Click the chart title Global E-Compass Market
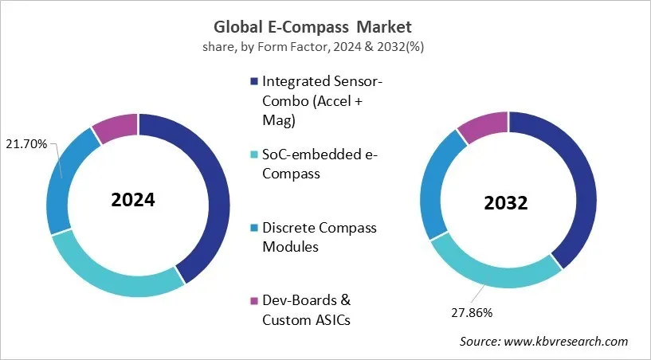tap(325, 28)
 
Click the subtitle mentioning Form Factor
tap(325, 46)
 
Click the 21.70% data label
tap(26, 144)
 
